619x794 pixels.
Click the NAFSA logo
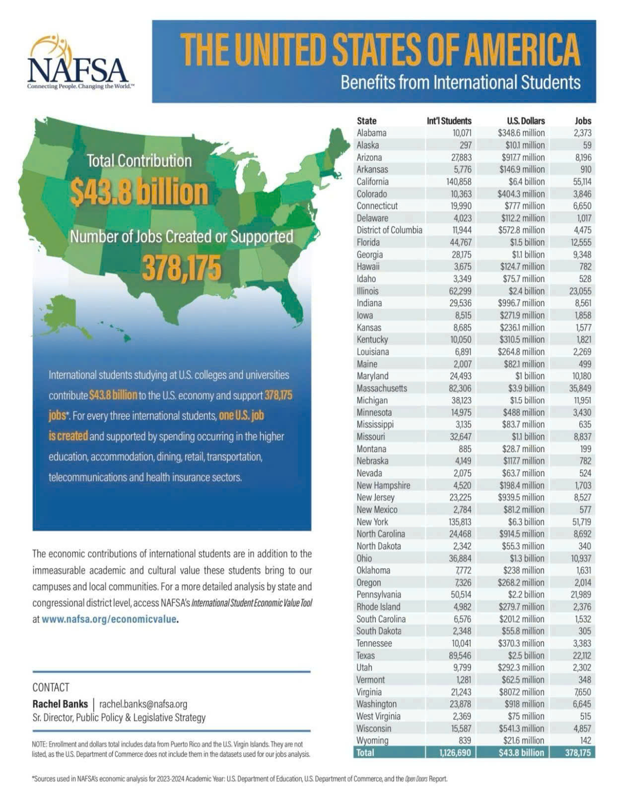[x=78, y=62]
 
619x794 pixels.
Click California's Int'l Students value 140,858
[x=459, y=182]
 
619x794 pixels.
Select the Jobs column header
[x=583, y=121]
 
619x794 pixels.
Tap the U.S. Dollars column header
[x=526, y=121]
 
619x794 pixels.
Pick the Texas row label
[x=365, y=655]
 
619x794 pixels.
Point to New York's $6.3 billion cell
[x=526, y=522]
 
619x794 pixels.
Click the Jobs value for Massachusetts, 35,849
[x=580, y=388]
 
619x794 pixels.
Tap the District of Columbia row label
[x=389, y=230]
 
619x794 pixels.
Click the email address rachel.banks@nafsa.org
[x=143, y=704]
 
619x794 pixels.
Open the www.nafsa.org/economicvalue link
[x=109, y=619]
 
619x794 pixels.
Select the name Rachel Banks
[x=60, y=704]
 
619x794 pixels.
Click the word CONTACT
[x=51, y=687]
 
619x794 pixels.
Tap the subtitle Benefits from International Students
[x=461, y=82]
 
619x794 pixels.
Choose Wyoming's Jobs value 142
[x=585, y=740]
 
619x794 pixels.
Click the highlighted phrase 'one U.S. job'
[x=242, y=416]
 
